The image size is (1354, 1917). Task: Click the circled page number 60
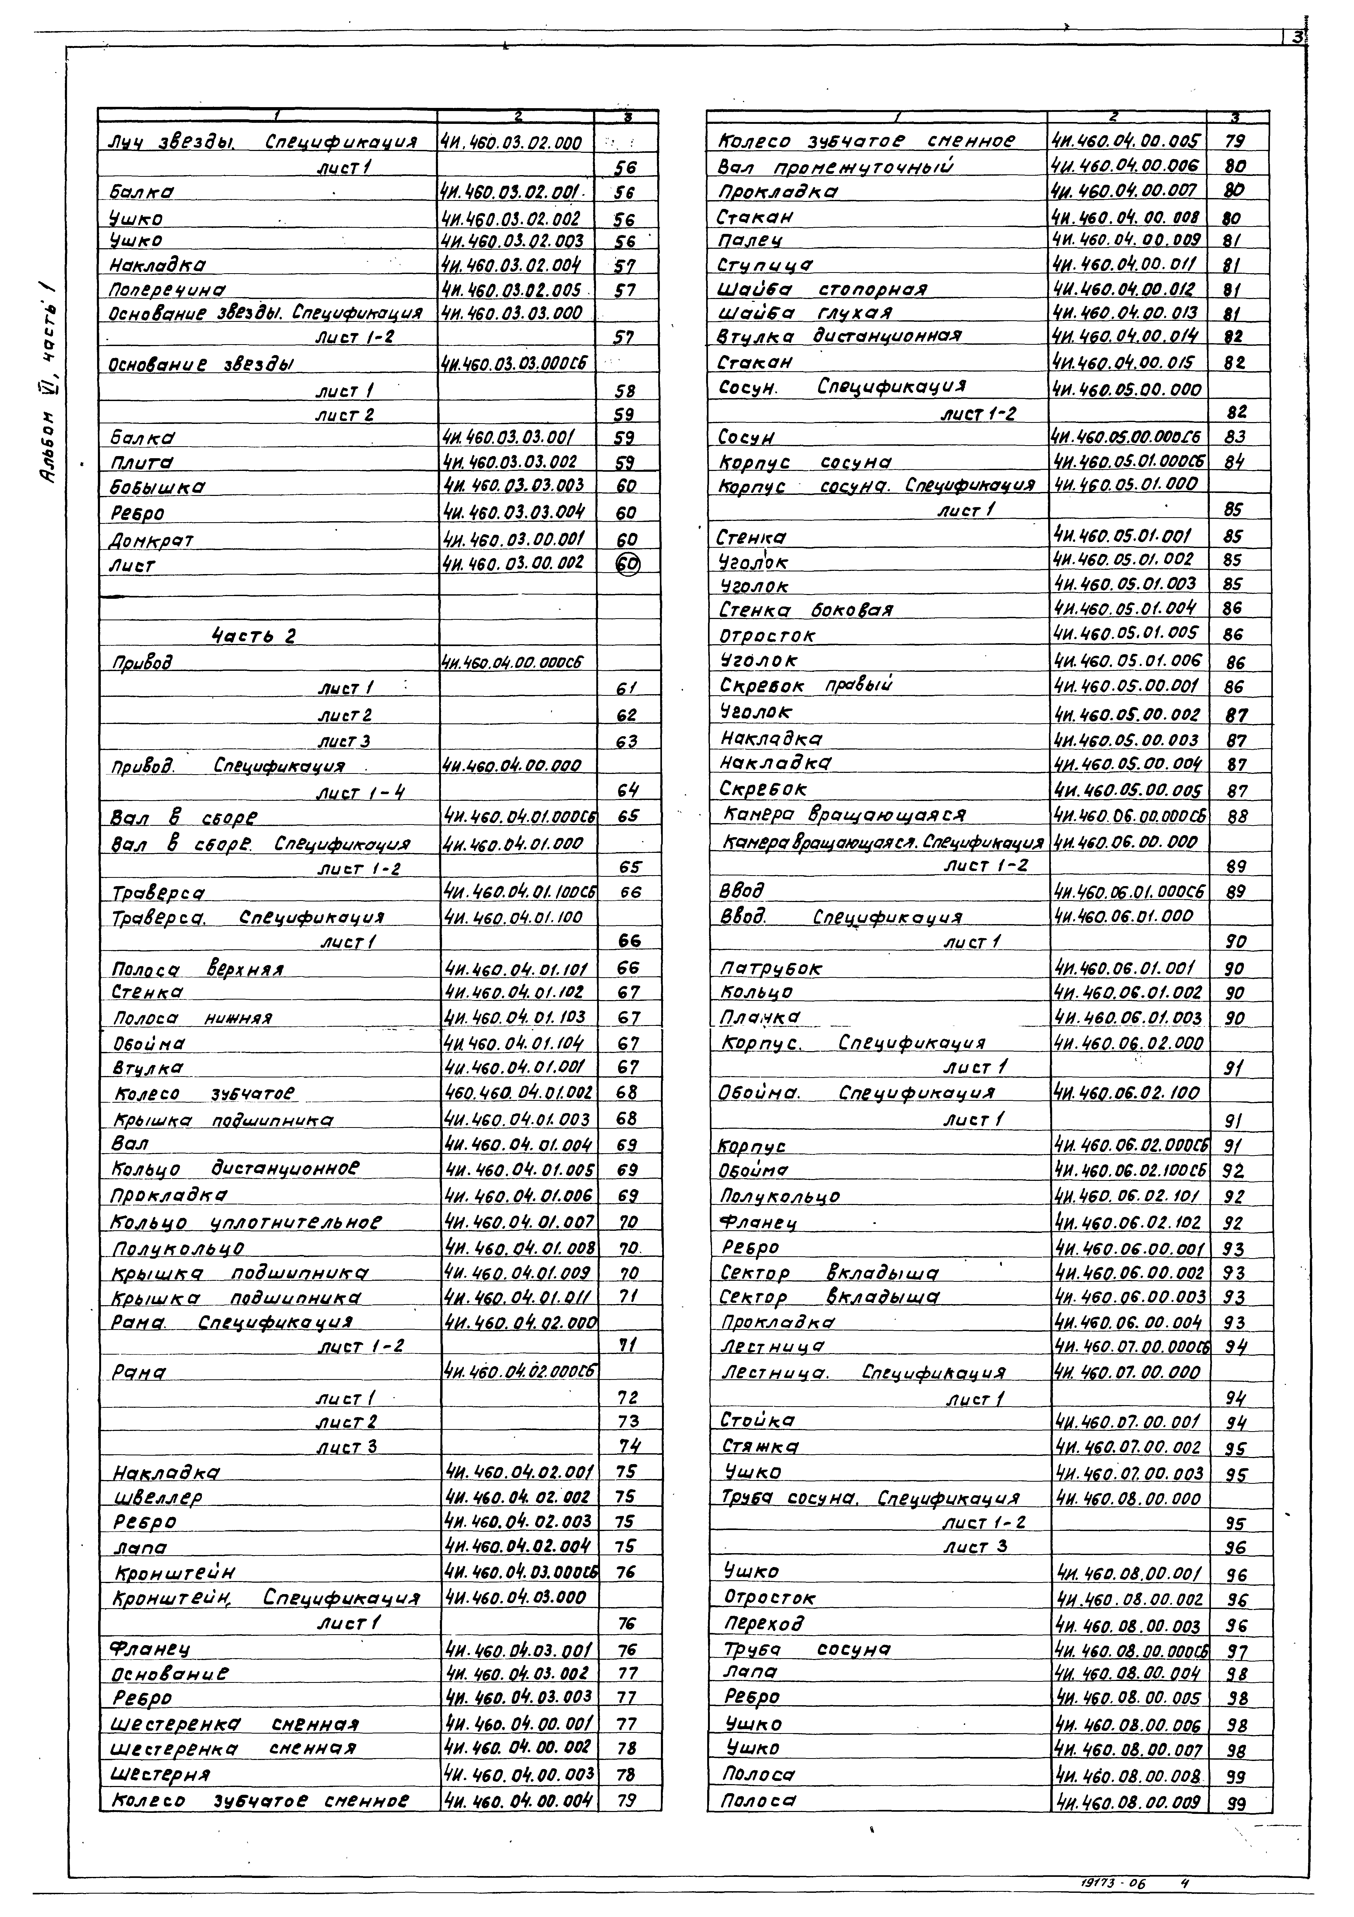[628, 565]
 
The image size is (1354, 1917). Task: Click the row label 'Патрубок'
[770, 968]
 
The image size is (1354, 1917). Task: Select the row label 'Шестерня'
[160, 1773]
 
